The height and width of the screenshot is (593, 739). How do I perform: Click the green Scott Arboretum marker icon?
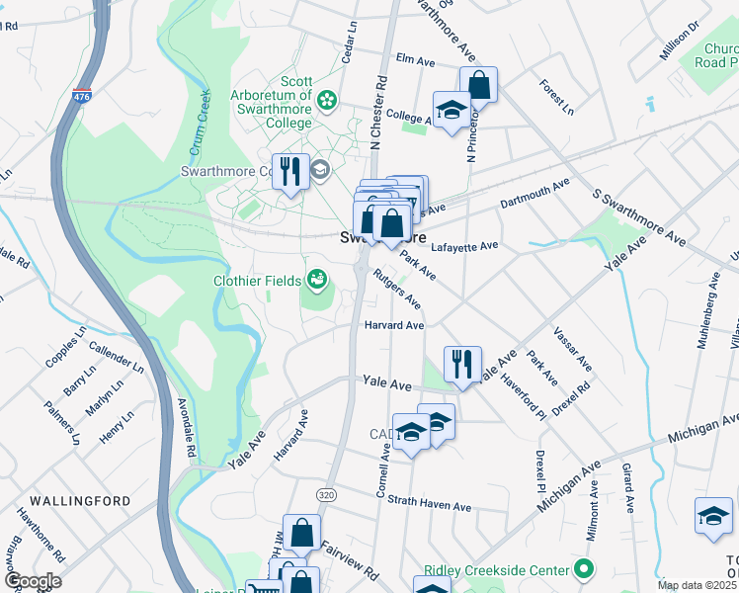pos(327,100)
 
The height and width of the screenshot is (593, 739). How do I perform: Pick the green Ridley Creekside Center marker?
pos(584,570)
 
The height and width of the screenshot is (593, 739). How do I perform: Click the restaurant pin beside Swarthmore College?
pos(290,172)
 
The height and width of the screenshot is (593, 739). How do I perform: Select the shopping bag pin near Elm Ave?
pos(478,84)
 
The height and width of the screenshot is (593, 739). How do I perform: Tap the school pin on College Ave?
pos(452,110)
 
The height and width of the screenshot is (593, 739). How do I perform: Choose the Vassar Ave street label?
pos(572,348)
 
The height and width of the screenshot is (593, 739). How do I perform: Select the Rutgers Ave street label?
pos(396,289)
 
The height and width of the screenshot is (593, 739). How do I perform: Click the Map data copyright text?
pos(697,585)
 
